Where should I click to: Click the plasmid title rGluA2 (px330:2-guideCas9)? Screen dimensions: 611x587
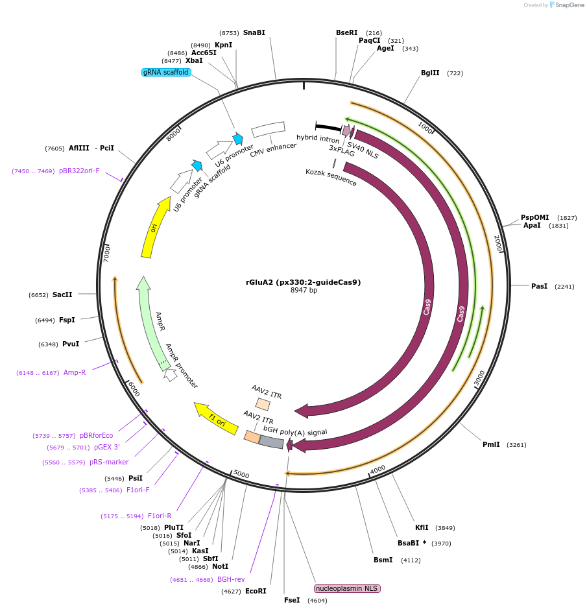click(x=303, y=282)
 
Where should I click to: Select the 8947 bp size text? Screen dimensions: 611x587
click(x=304, y=291)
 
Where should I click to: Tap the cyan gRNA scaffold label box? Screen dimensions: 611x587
click(x=166, y=72)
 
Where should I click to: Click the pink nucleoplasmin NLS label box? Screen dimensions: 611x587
click(x=347, y=588)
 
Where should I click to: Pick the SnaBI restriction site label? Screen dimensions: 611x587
click(x=254, y=32)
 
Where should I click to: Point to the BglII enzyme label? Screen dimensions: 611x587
click(x=430, y=73)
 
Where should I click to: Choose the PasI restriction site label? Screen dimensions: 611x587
click(x=539, y=286)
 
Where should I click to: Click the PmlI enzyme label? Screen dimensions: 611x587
click(x=491, y=444)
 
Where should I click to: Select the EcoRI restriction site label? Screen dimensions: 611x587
click(x=256, y=591)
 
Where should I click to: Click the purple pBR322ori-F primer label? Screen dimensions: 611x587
click(x=79, y=171)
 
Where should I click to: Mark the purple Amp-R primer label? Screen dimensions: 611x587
click(x=75, y=372)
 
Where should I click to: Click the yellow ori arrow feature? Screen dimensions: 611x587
click(x=155, y=228)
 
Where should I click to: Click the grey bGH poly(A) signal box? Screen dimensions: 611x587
click(x=271, y=442)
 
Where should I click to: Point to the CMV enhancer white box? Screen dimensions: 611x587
click(x=268, y=129)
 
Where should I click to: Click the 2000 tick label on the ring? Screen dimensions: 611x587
click(x=497, y=243)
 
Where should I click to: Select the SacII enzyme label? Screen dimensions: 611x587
click(x=62, y=294)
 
